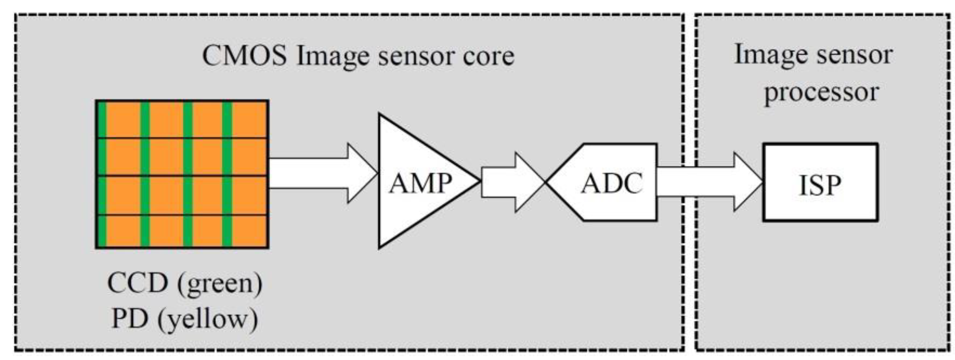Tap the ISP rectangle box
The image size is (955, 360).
[x=820, y=182]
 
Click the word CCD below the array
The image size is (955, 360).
[x=137, y=283]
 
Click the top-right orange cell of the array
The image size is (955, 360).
[x=249, y=119]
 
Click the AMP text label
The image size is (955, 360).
[x=420, y=184]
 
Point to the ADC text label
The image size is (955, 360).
[x=612, y=184]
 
